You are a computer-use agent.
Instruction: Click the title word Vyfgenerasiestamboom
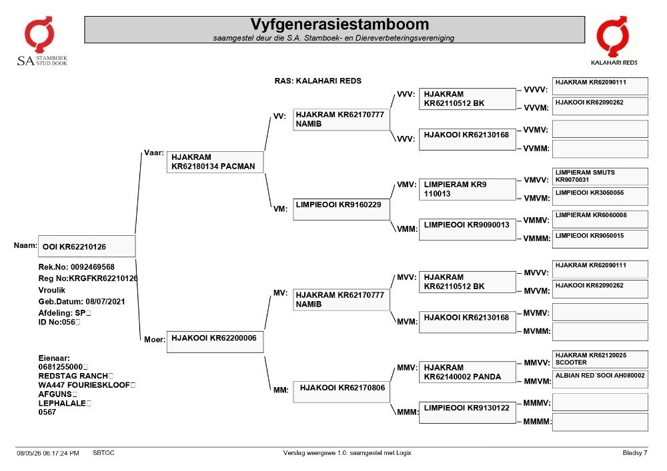(340, 24)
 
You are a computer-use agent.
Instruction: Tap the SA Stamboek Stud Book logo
(41, 41)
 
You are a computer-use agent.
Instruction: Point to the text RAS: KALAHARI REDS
(317, 81)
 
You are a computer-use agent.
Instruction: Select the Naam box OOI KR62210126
(87, 246)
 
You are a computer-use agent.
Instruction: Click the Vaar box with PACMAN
(215, 162)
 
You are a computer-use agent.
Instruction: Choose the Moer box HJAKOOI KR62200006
(215, 342)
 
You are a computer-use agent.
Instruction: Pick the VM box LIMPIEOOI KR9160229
(341, 209)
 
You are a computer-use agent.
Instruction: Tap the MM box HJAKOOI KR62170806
(341, 392)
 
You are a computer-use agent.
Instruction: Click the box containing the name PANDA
(468, 372)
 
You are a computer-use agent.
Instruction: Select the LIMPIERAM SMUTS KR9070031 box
(600, 177)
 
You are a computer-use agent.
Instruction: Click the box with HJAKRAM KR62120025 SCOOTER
(600, 359)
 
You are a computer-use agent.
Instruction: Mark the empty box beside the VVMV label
(600, 129)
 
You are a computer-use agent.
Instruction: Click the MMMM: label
(537, 422)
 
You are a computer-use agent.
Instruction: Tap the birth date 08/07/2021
(105, 302)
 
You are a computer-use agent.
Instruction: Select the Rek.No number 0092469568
(93, 267)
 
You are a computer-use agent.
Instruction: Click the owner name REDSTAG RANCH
(73, 376)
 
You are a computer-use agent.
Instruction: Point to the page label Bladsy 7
(635, 453)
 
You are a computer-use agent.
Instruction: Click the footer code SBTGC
(104, 453)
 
